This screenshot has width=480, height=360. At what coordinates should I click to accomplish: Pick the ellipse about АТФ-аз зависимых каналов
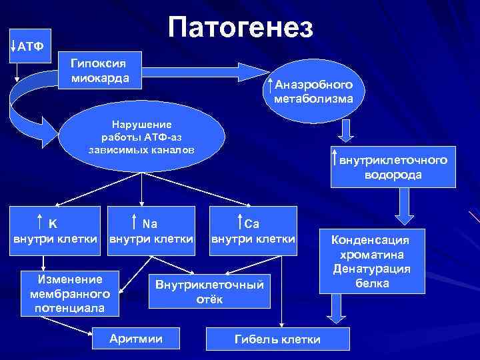141,137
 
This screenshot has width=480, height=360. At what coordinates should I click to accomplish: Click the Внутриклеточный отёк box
210,291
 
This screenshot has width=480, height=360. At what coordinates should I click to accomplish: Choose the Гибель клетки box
277,339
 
